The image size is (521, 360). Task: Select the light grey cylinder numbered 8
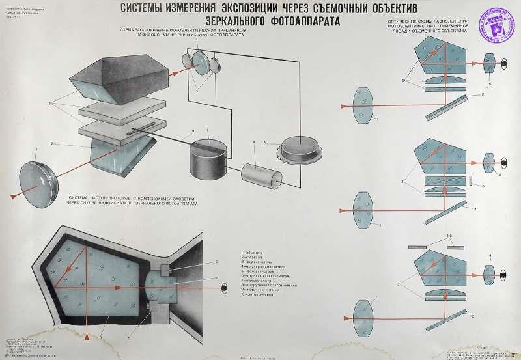[x=258, y=174]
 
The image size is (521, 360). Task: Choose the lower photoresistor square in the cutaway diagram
[x=154, y=307]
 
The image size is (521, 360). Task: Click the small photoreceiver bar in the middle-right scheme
[x=471, y=179]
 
